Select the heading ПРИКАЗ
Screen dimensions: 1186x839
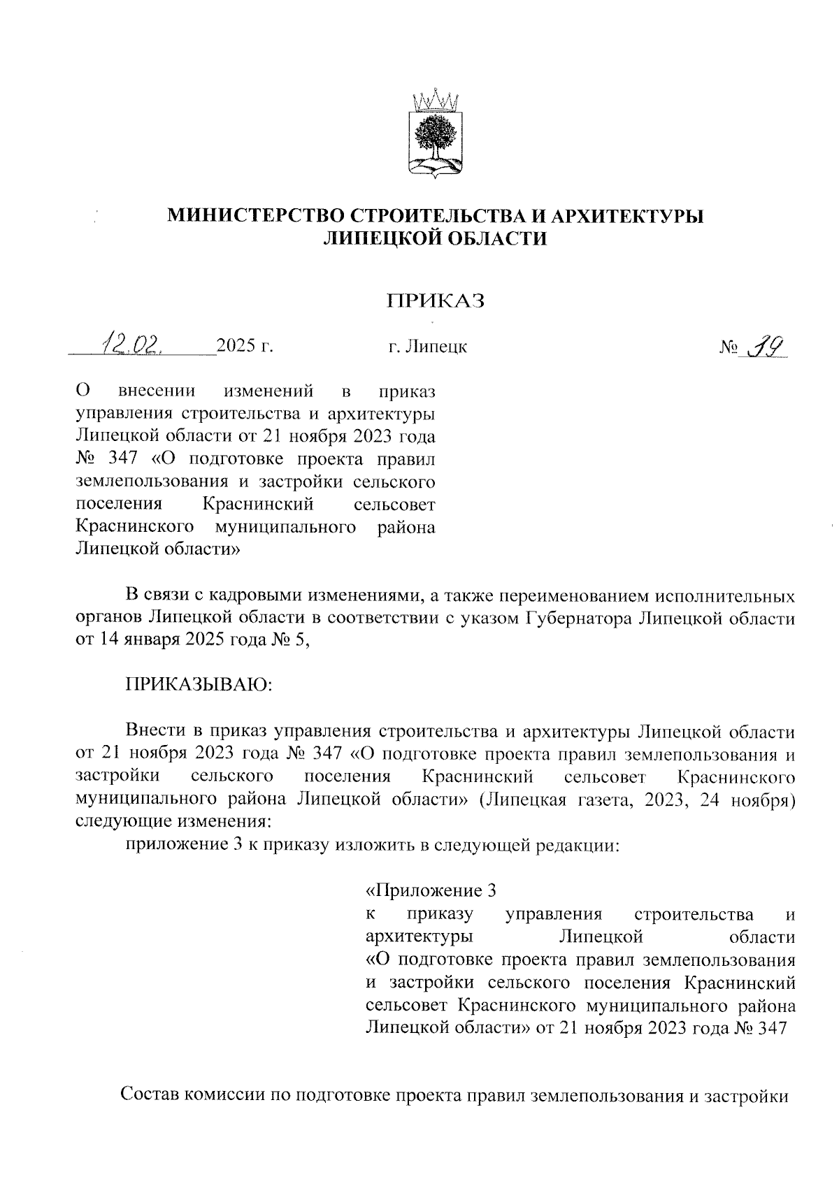436,301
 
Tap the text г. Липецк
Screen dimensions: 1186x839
427,346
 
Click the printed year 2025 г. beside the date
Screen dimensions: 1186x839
244,346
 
